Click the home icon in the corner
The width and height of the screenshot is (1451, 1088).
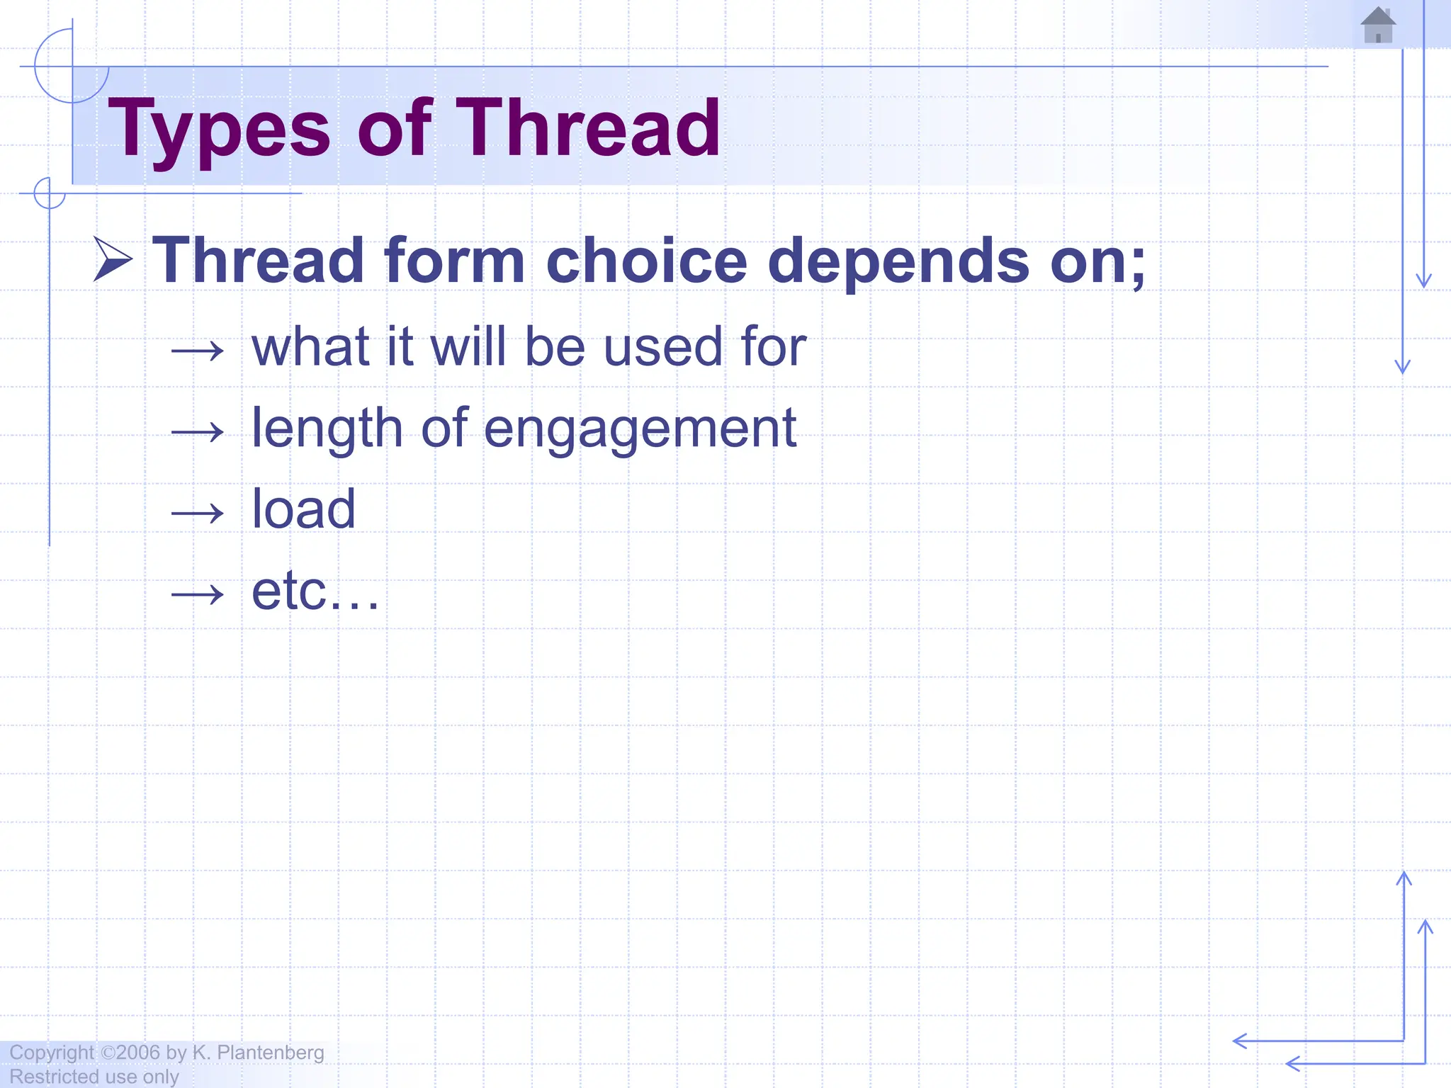[x=1378, y=25]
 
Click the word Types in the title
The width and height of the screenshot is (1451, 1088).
[x=219, y=129]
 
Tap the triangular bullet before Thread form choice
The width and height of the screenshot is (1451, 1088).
[x=113, y=259]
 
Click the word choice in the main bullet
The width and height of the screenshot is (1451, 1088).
[x=646, y=261]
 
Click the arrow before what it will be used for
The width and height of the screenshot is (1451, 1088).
[x=198, y=350]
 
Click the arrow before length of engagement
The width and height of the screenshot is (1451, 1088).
[x=198, y=431]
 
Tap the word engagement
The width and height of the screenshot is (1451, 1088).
[x=640, y=429]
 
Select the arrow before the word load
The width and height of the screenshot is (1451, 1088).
[x=198, y=512]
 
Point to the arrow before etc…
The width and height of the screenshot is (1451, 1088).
[x=198, y=594]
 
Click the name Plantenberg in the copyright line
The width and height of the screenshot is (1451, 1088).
[x=270, y=1053]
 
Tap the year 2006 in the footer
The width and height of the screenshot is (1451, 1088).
[x=138, y=1053]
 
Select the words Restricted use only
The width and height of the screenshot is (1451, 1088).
[x=94, y=1077]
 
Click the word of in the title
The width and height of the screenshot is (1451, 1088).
[x=394, y=129]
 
